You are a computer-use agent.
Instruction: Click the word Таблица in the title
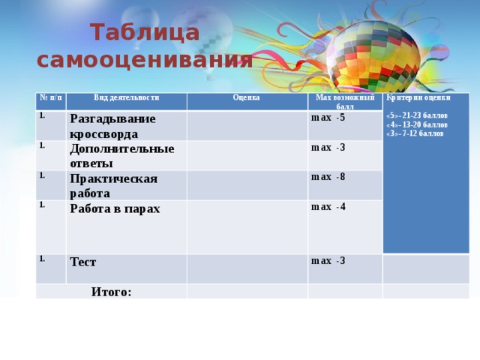145,33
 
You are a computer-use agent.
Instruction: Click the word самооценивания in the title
145,58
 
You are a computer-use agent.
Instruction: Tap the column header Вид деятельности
126,97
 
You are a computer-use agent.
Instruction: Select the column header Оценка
246,97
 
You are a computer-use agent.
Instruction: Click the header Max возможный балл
345,102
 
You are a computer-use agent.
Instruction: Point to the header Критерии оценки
418,97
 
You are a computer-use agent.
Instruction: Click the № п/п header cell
50,97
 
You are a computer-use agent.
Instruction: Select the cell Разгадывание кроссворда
113,126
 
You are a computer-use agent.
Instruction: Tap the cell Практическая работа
113,185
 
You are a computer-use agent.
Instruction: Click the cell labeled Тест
82,262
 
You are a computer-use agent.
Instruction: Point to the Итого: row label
111,291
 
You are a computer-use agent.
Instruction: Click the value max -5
328,118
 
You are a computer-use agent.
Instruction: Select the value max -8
328,177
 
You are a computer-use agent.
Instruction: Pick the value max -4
328,206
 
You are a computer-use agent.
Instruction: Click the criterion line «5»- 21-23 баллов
416,115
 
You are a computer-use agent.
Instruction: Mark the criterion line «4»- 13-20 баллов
416,124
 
